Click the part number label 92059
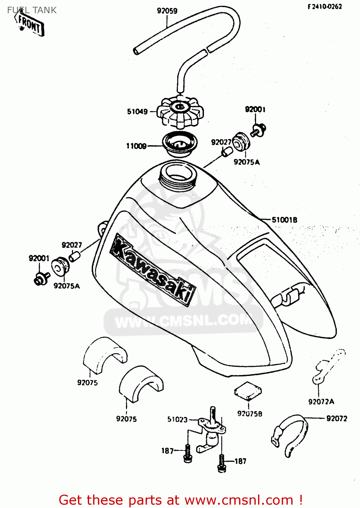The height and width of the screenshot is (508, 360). coord(167,11)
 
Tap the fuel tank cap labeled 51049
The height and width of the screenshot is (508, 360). coord(182,112)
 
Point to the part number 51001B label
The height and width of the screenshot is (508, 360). coord(284,220)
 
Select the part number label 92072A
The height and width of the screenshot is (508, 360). coord(321,402)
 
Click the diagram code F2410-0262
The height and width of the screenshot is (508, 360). coord(324,6)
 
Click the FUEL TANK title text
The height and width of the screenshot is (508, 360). coord(32,10)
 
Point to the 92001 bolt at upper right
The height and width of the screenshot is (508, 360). coord(259,130)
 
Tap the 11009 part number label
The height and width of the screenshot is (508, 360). coord(136,146)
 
